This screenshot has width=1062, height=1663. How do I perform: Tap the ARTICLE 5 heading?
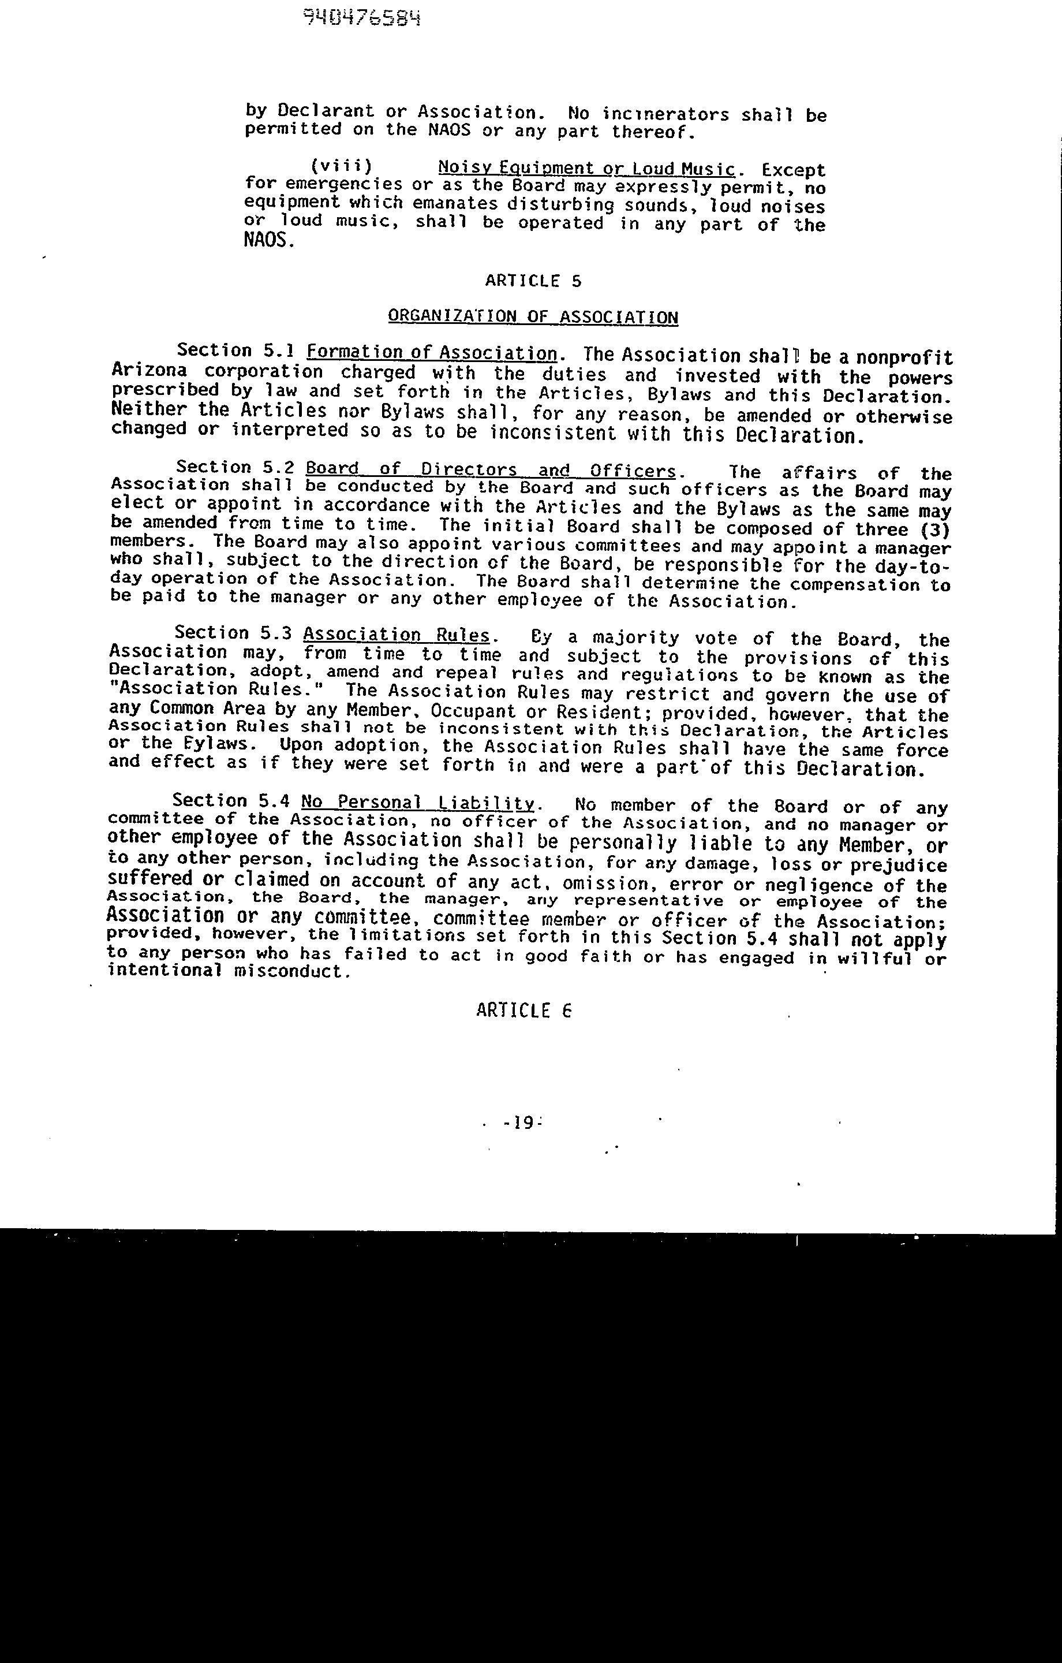533,281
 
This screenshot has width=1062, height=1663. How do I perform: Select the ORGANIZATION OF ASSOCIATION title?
532,317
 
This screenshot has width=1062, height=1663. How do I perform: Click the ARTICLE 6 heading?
523,1011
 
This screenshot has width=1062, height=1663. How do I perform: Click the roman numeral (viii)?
341,166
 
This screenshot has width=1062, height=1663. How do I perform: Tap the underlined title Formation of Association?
432,353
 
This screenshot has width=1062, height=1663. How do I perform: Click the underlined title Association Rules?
397,635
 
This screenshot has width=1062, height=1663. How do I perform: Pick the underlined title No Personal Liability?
418,803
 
